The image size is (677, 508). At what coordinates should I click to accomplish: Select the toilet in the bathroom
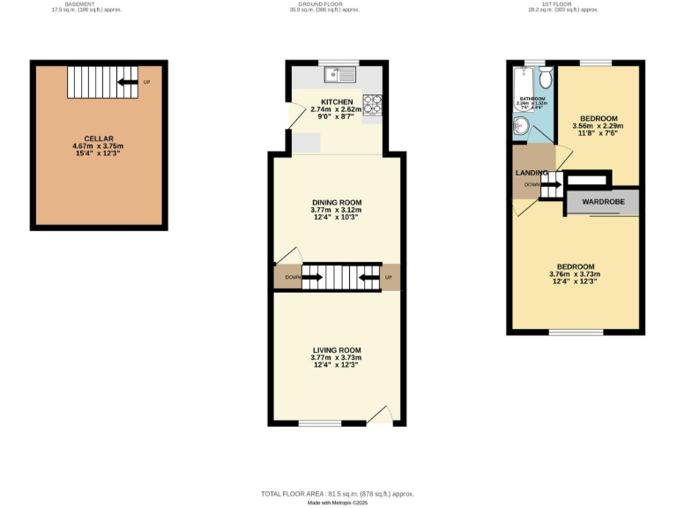(546, 78)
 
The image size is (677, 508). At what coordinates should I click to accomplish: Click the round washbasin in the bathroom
(521, 129)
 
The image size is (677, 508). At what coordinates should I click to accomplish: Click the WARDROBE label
(603, 202)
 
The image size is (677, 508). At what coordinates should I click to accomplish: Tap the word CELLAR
(98, 138)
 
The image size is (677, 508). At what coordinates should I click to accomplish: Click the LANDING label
(532, 173)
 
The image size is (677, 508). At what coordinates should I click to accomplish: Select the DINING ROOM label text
(337, 202)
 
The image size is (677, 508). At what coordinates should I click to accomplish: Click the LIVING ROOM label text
(337, 350)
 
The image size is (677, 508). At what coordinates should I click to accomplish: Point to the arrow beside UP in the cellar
(128, 83)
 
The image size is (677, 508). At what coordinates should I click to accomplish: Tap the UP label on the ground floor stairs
(389, 279)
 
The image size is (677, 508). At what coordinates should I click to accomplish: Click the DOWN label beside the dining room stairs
(293, 279)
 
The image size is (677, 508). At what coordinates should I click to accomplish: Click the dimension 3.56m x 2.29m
(598, 126)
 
